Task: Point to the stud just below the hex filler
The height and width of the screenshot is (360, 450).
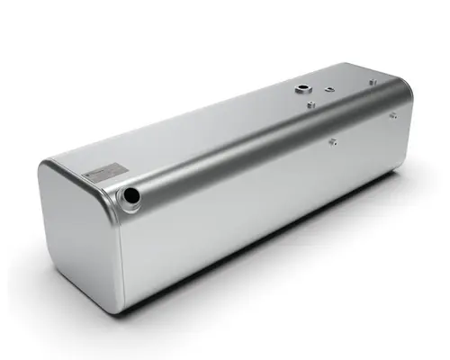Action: point(310,105)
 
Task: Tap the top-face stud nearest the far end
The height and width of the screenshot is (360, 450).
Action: point(372,82)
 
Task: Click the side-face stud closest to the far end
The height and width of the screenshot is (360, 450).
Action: point(392,114)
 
